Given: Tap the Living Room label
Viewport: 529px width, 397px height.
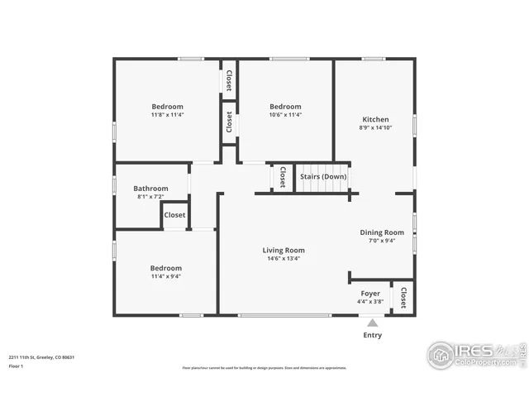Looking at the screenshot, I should [284, 250].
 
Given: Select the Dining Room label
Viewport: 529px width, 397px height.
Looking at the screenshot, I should [382, 232].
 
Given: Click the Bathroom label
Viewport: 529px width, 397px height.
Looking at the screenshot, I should [150, 188].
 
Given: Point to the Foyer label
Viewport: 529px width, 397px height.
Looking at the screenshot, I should [370, 294].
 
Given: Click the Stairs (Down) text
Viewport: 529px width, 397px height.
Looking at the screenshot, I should [323, 176].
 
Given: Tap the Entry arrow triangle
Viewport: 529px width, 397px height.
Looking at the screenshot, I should [373, 323].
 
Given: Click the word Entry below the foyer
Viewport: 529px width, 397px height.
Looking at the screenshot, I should [373, 335].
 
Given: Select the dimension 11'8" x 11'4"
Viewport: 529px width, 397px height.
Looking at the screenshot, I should [167, 115].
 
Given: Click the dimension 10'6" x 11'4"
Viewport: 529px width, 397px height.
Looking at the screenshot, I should [285, 115].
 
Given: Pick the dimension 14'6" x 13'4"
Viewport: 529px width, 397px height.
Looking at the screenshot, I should [284, 259].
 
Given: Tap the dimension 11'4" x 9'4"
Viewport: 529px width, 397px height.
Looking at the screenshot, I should [165, 277].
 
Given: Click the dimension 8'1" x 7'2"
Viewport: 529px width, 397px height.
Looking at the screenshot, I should [150, 197].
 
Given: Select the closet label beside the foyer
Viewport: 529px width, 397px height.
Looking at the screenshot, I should [403, 298].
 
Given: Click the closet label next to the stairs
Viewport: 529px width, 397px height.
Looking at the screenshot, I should [283, 177].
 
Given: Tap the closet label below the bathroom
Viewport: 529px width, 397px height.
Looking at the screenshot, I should [174, 215].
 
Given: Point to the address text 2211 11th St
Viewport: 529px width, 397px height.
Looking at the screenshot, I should [42, 356].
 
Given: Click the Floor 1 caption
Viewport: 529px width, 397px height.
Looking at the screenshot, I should [17, 366].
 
